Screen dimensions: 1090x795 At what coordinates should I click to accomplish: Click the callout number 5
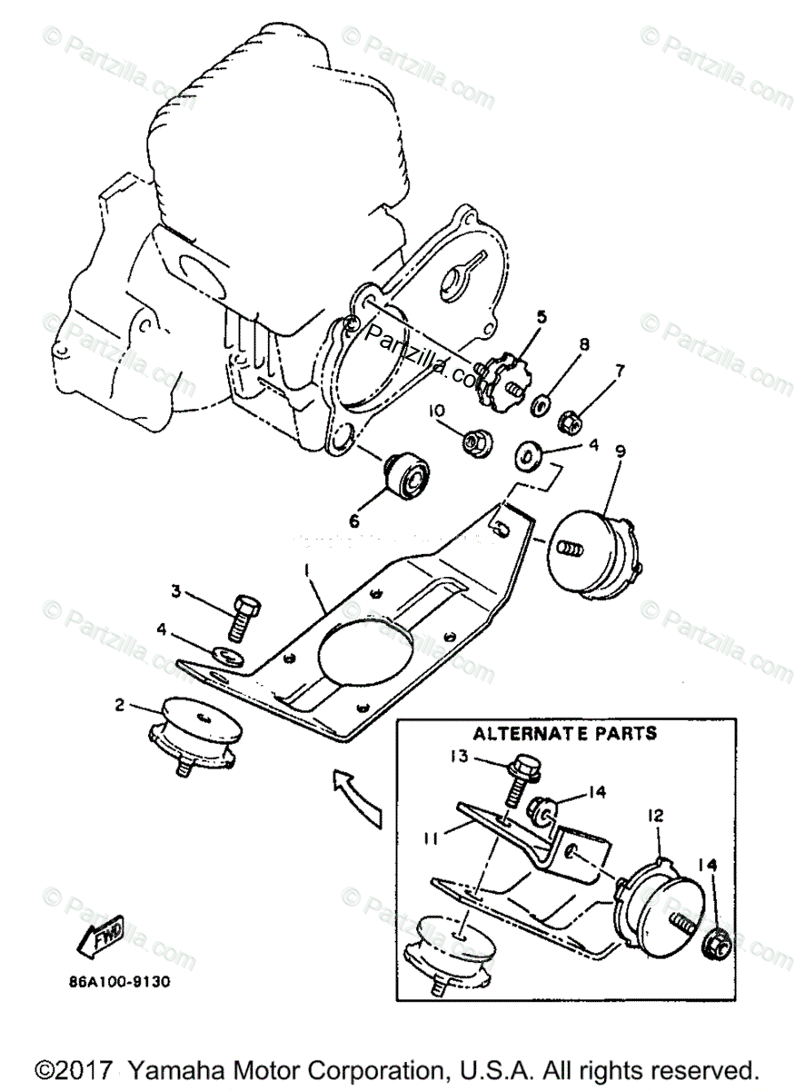(x=541, y=317)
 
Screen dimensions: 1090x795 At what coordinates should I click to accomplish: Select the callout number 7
(x=620, y=371)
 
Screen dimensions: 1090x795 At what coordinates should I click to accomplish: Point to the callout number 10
(x=437, y=411)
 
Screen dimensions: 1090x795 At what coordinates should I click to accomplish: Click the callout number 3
(x=176, y=591)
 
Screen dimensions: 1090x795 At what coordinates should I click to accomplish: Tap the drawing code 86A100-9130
(x=118, y=981)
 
